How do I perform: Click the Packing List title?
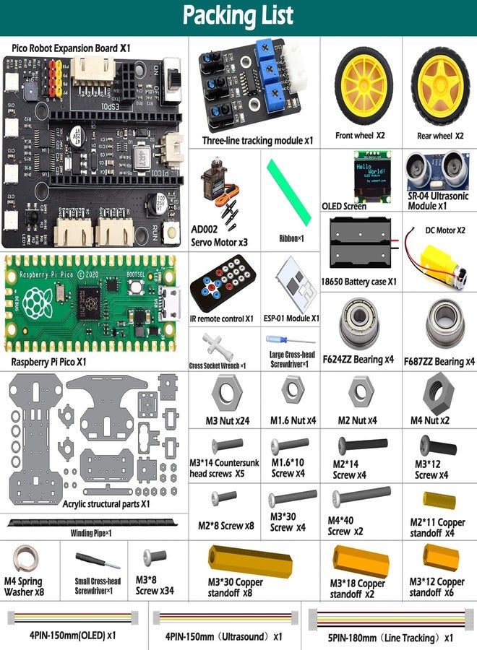[238, 16]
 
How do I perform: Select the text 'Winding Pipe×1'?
[94, 533]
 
